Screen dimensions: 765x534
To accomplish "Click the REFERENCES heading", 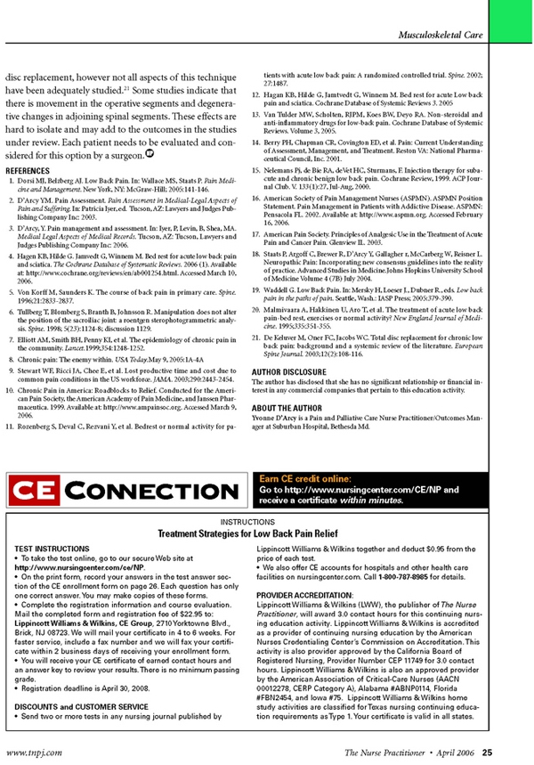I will coord(33,146).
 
